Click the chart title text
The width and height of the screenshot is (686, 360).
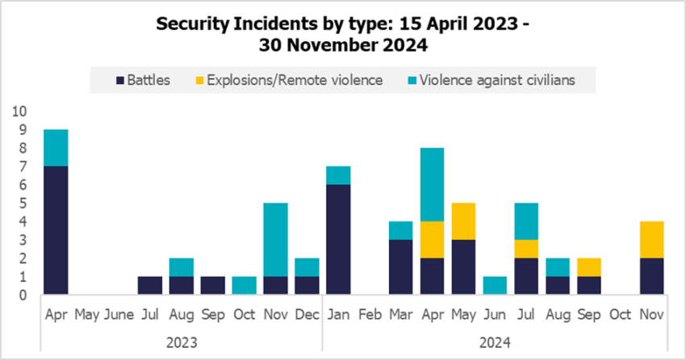(343, 35)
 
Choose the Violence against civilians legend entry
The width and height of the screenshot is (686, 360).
(500, 80)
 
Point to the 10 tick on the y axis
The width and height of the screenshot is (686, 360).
(19, 111)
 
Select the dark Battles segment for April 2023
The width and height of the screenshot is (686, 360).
(56, 231)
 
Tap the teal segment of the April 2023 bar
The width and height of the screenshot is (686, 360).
(56, 148)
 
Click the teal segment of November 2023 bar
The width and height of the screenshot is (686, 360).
(277, 240)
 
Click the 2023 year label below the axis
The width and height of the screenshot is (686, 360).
(182, 341)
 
